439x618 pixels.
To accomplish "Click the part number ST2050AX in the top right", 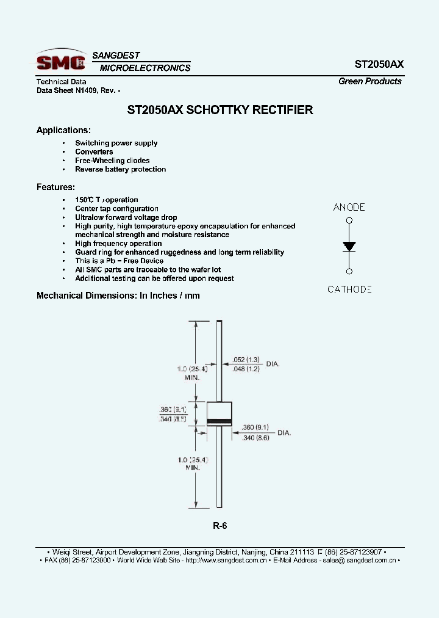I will click(x=378, y=64).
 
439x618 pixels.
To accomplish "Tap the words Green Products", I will click(x=370, y=81).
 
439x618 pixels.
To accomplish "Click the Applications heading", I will click(x=63, y=130).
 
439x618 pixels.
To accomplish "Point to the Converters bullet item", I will click(x=94, y=151).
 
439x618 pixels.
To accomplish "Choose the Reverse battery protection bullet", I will click(x=120, y=169).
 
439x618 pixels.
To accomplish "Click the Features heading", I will click(x=55, y=187).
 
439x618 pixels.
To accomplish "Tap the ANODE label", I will click(x=349, y=207).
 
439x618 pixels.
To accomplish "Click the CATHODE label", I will click(x=349, y=289).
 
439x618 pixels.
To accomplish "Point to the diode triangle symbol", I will click(x=349, y=246).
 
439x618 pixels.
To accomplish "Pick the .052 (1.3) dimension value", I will click(x=246, y=360).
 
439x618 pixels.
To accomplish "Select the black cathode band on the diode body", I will click(x=220, y=422).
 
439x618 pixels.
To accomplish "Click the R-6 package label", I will click(x=220, y=526).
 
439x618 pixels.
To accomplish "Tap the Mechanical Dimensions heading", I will click(x=118, y=296).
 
